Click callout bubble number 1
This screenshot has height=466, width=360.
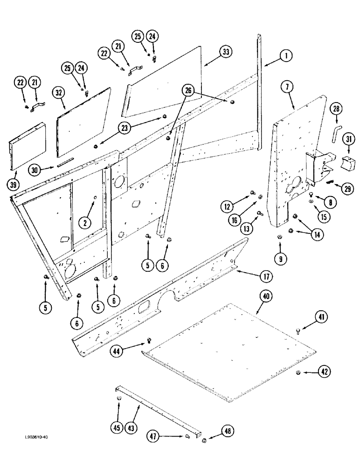[x=286, y=56]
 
